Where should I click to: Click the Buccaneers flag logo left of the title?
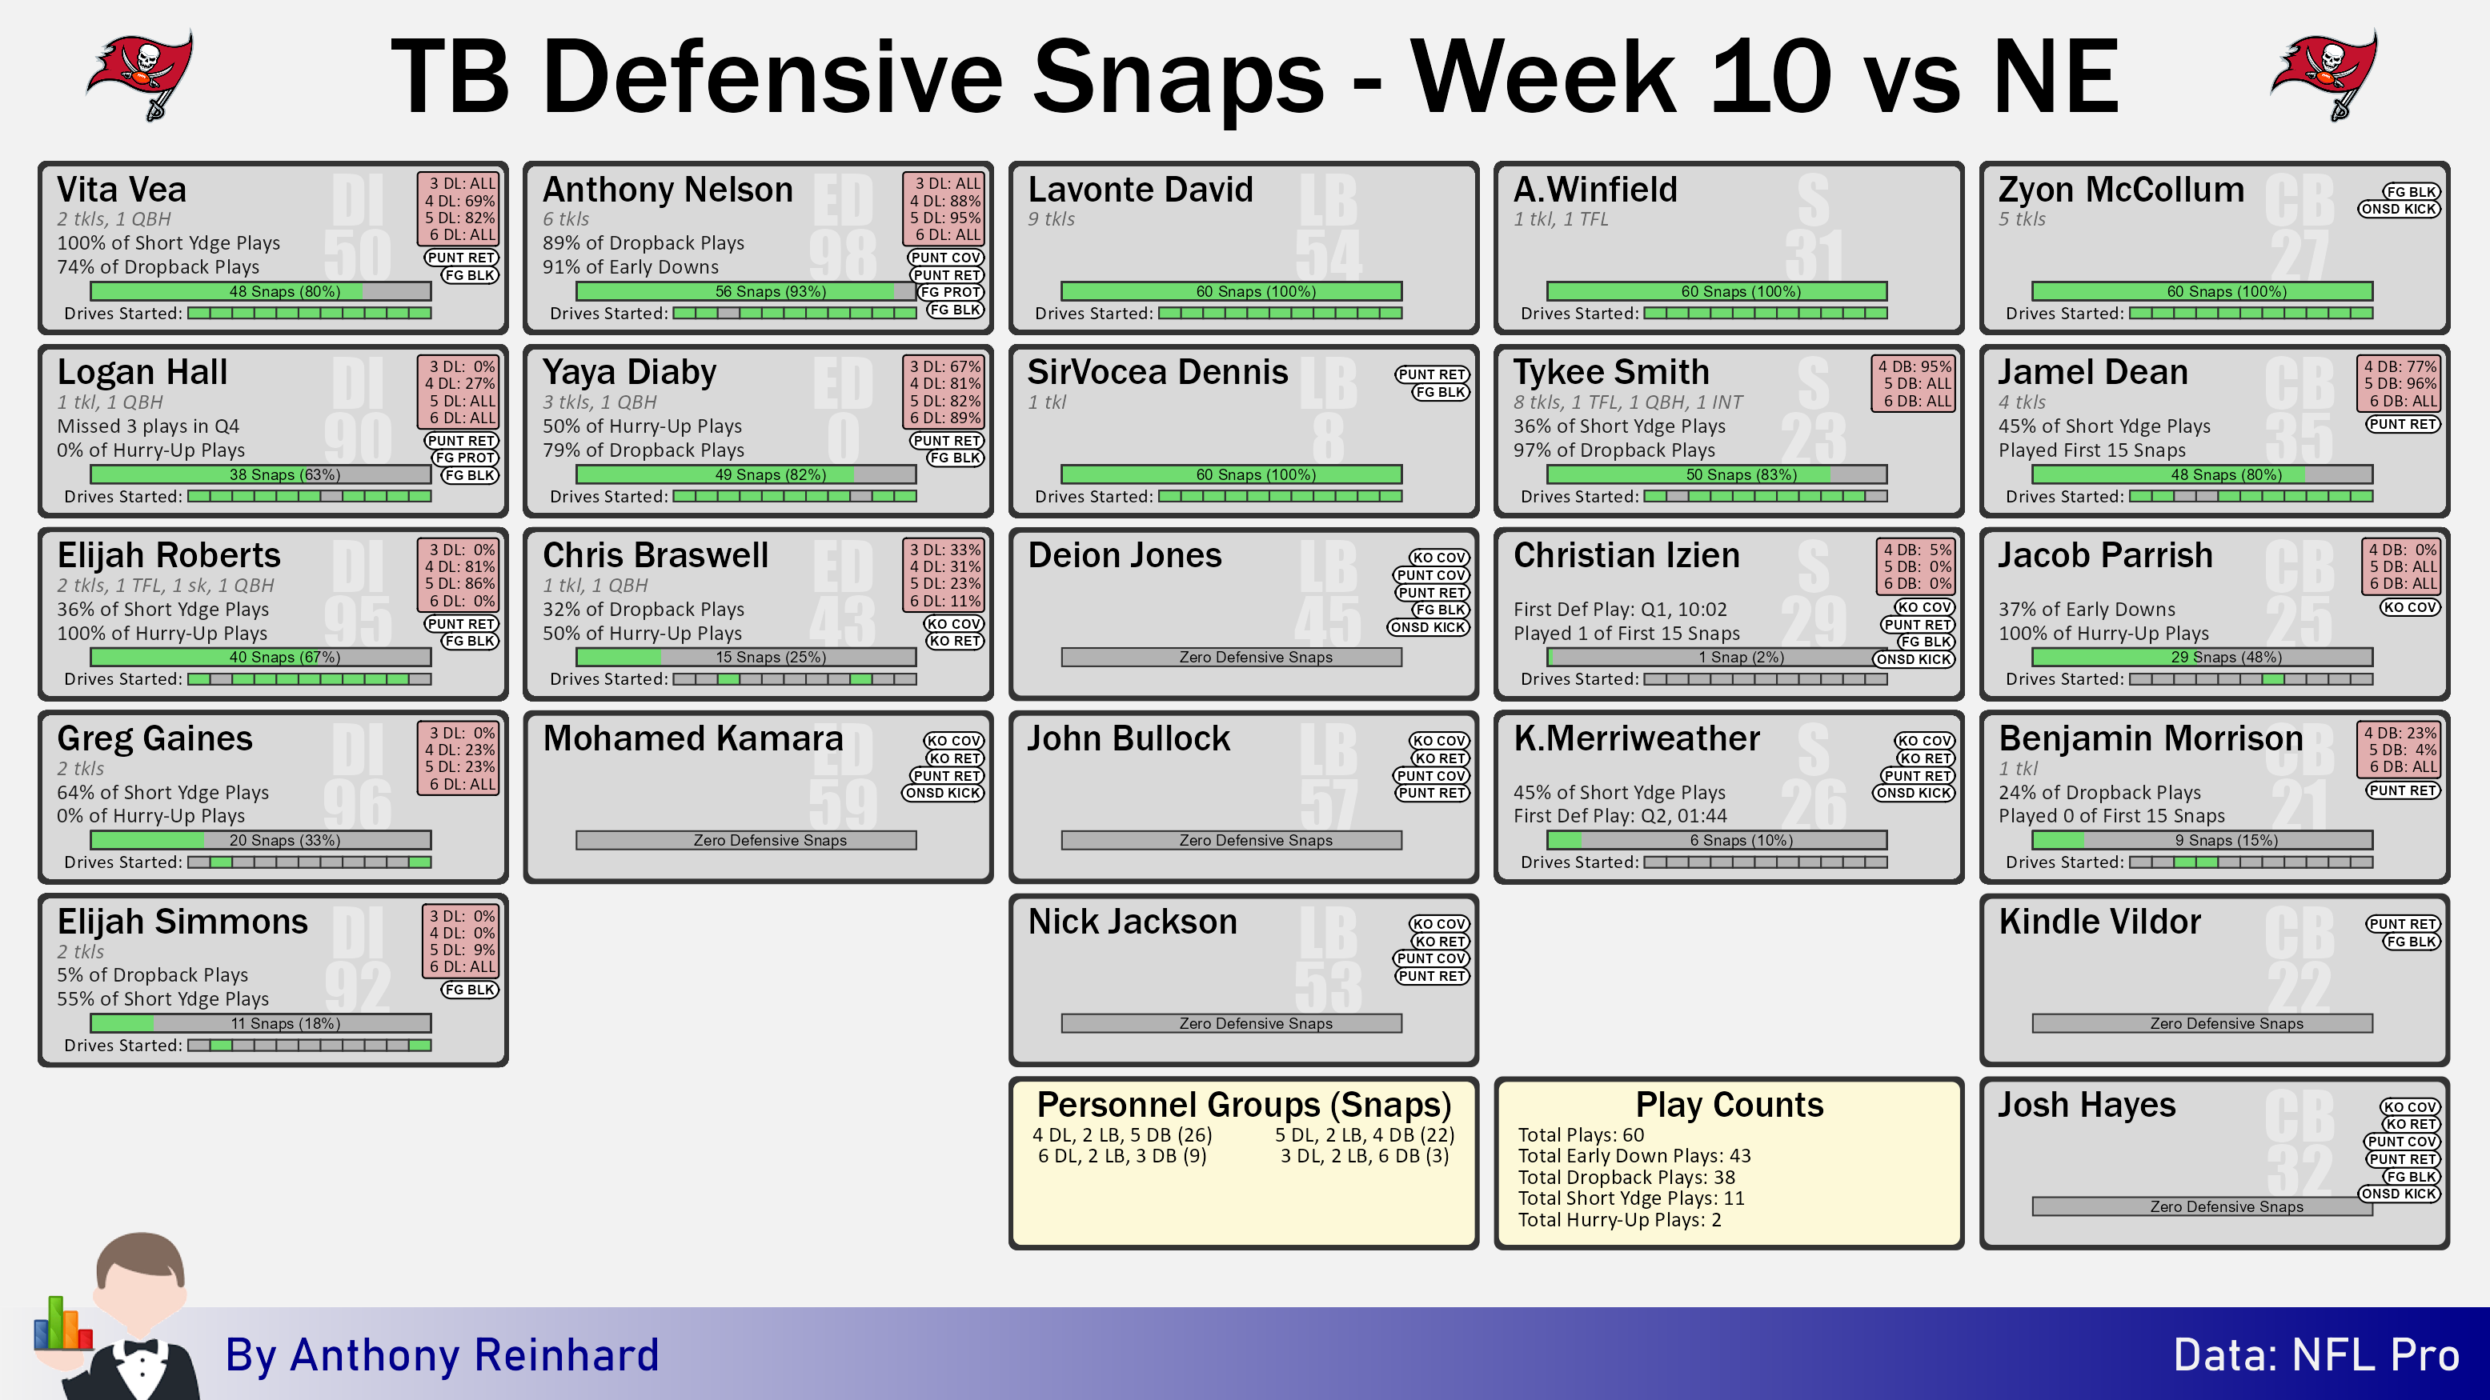tap(140, 75)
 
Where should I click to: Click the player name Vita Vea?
tap(122, 190)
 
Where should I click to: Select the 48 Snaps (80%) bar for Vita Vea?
tap(261, 291)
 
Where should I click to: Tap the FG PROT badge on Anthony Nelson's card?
tap(950, 292)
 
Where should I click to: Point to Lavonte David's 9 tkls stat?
tap(1051, 219)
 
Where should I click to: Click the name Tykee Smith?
tap(1611, 372)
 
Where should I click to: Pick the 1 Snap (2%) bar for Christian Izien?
tap(1717, 657)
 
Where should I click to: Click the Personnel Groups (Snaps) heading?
tap(1244, 1104)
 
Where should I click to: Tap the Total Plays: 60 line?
tap(1581, 1134)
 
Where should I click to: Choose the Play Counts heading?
tap(1730, 1104)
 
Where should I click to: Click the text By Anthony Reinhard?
tap(442, 1354)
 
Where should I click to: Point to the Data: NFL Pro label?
tap(2316, 1354)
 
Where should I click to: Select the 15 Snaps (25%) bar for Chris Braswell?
tap(746, 657)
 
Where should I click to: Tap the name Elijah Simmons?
tap(182, 921)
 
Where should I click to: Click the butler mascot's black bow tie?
tap(140, 1347)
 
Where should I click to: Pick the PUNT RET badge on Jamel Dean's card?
tap(2402, 424)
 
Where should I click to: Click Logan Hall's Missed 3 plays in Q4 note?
tap(148, 426)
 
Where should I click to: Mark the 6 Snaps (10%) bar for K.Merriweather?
tap(1717, 841)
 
